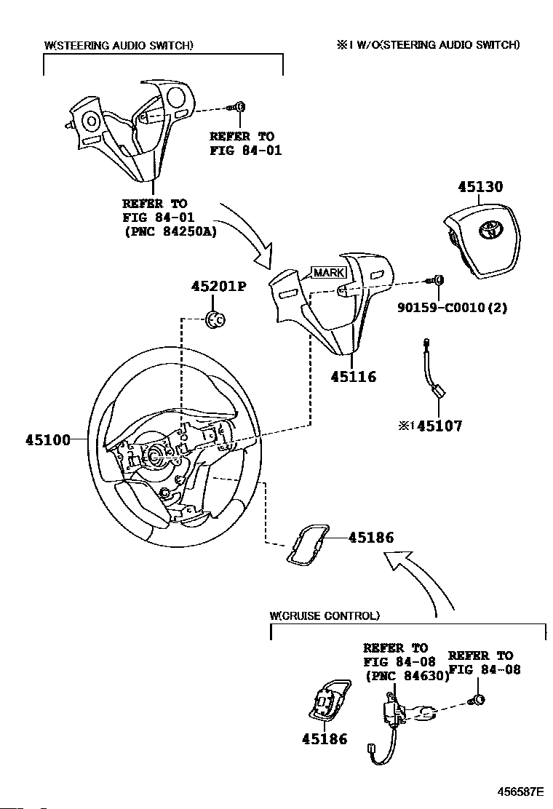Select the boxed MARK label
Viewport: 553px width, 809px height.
coord(328,273)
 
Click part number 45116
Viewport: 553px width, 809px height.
coord(353,377)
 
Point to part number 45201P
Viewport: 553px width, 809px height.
coord(218,286)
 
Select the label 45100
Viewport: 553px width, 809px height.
coord(48,439)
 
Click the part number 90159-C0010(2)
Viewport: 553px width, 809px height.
coord(452,307)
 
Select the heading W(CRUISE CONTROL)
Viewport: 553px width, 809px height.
coord(325,615)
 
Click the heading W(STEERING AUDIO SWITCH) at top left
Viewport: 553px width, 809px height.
coord(119,45)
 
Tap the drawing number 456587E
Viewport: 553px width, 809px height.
coord(520,791)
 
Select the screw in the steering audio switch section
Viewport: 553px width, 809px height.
coord(239,108)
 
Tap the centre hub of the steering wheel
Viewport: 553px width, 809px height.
coord(155,455)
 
